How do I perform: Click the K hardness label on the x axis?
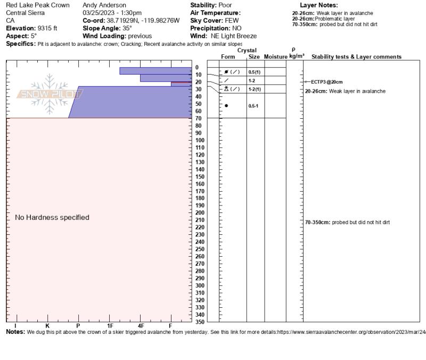(47, 325)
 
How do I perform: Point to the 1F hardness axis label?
(110, 325)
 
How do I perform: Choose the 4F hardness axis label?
(141, 325)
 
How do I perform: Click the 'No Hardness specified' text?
(52, 217)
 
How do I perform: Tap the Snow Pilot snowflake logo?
(50, 94)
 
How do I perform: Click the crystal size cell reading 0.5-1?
(253, 106)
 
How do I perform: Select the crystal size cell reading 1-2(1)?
(255, 89)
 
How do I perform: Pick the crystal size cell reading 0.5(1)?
(255, 72)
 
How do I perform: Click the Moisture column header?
(275, 56)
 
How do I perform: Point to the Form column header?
(228, 56)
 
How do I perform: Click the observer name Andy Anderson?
(104, 5)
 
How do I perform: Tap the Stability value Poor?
(222, 5)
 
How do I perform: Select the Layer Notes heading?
(319, 5)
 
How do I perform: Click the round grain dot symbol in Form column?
(226, 105)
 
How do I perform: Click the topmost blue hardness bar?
(155, 71)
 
